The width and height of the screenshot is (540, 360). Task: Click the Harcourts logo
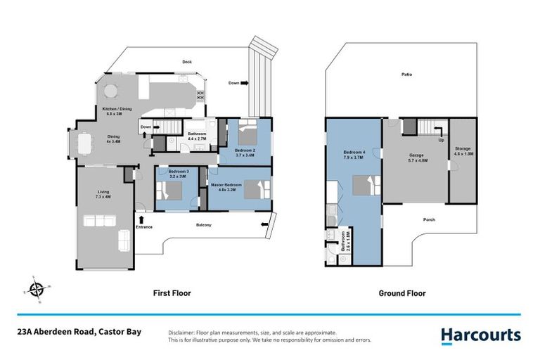click(481, 335)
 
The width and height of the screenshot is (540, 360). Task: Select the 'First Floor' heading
click(172, 293)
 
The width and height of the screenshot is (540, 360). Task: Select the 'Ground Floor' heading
click(402, 293)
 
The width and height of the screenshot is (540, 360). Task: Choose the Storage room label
click(463, 150)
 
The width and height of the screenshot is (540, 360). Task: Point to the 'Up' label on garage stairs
click(442, 140)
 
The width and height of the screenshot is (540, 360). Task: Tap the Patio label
click(406, 74)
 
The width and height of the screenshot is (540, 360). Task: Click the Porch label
click(429, 219)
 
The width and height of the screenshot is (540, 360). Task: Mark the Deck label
click(187, 62)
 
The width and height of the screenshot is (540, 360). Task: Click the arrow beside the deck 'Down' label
click(245, 83)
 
